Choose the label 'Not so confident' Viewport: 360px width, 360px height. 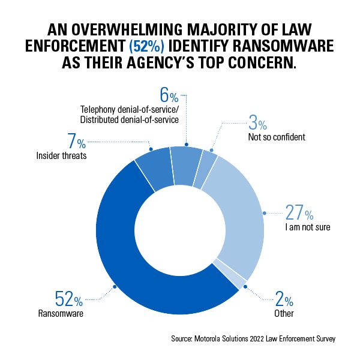(277, 137)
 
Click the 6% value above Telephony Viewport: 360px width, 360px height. (169, 96)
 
